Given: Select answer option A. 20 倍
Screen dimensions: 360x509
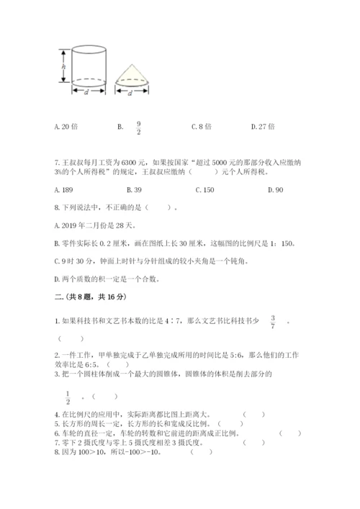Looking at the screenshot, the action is point(66,127).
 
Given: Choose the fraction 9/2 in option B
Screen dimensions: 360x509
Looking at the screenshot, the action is point(138,127).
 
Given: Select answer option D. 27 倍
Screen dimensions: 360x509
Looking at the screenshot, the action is point(263,127).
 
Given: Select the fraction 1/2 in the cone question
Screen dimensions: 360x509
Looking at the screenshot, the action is point(68,395).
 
